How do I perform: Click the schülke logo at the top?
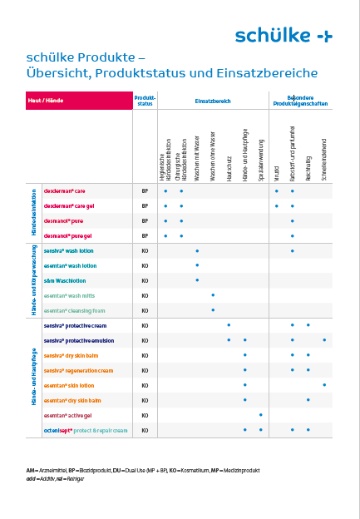(x=283, y=35)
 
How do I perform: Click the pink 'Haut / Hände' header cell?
(x=78, y=100)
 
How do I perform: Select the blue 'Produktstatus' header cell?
(x=145, y=100)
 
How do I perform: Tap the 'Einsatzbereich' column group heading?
(x=212, y=100)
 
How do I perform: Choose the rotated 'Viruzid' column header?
(x=276, y=170)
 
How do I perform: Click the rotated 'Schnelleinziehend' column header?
(x=323, y=159)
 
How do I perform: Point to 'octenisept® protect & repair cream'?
(x=86, y=430)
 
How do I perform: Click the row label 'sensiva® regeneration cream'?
(x=78, y=370)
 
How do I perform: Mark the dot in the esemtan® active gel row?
(x=260, y=415)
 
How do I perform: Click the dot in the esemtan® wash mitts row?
(x=213, y=295)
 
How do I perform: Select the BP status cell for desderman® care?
(x=145, y=190)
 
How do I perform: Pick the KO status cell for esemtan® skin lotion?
(x=145, y=385)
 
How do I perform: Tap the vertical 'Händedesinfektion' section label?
(x=34, y=213)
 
